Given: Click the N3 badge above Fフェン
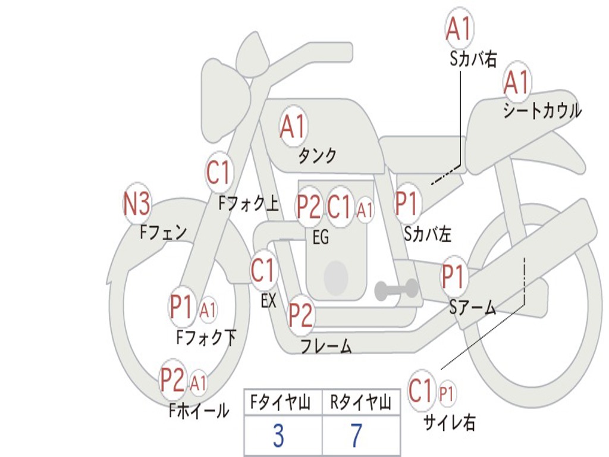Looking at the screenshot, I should point(136,205).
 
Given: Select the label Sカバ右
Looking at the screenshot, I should point(473,59).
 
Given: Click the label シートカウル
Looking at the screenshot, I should point(541,111).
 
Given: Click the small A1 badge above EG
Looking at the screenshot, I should point(365,209).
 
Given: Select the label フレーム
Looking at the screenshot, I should point(326,346).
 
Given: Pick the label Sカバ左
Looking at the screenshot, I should point(428,234).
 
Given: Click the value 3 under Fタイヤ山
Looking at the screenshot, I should point(278,436).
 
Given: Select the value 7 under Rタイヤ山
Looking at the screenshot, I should point(356,436).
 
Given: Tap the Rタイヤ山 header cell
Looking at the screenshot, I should point(360,403).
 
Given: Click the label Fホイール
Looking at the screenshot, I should point(199,410).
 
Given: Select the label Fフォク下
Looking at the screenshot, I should point(206,337).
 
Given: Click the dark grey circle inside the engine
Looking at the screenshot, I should point(336,277).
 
